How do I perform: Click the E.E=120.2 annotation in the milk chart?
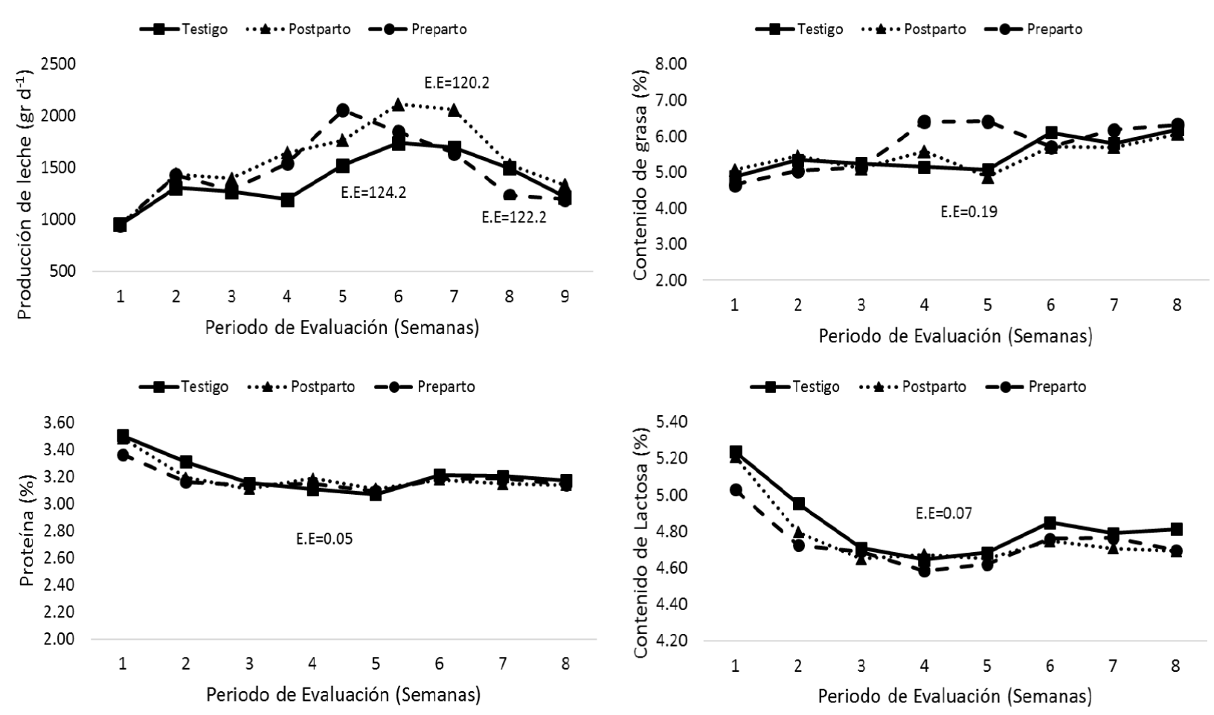[x=457, y=83]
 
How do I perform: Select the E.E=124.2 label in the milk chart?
[x=373, y=192]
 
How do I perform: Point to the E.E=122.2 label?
[x=514, y=218]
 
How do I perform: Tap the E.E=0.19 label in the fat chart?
[x=969, y=212]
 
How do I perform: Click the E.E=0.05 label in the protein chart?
[x=324, y=539]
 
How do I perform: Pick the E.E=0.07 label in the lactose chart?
[x=943, y=513]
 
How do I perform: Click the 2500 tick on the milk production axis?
[x=59, y=64]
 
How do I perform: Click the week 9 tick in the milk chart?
[x=565, y=296]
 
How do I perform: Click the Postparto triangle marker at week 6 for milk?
[x=398, y=104]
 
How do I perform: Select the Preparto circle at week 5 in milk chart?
[x=343, y=110]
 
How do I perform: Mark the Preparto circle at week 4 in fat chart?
[x=924, y=121]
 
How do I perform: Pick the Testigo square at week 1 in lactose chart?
[x=736, y=452]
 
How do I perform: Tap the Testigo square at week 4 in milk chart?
[x=287, y=199]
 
